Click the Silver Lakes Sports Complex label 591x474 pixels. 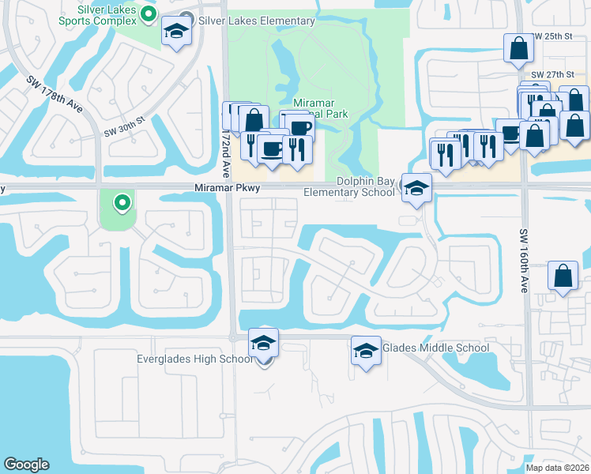click(x=107, y=13)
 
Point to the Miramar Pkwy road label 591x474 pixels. click(x=227, y=188)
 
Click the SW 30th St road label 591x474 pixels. click(x=125, y=127)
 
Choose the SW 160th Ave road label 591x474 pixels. click(x=524, y=261)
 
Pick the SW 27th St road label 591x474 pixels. click(x=551, y=74)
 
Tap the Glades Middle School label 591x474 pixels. click(x=435, y=348)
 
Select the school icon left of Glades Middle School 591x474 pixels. click(x=366, y=350)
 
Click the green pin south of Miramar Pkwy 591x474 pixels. click(x=122, y=204)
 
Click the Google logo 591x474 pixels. click(x=27, y=465)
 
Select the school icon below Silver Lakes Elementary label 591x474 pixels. click(x=177, y=32)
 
